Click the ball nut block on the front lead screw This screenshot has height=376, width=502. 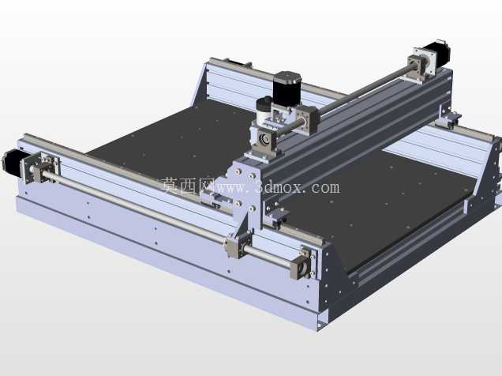click(238, 246)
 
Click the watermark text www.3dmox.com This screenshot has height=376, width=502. click(276, 187)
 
